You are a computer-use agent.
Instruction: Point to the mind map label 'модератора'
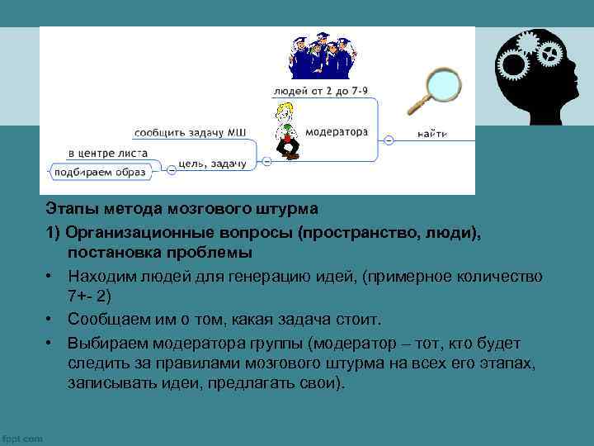point(337,130)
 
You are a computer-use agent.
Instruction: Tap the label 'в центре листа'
point(108,153)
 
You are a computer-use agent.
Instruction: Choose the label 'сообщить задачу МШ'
point(190,130)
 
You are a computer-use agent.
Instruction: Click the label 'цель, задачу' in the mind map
point(213,164)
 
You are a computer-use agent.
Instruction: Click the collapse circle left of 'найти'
point(389,141)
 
